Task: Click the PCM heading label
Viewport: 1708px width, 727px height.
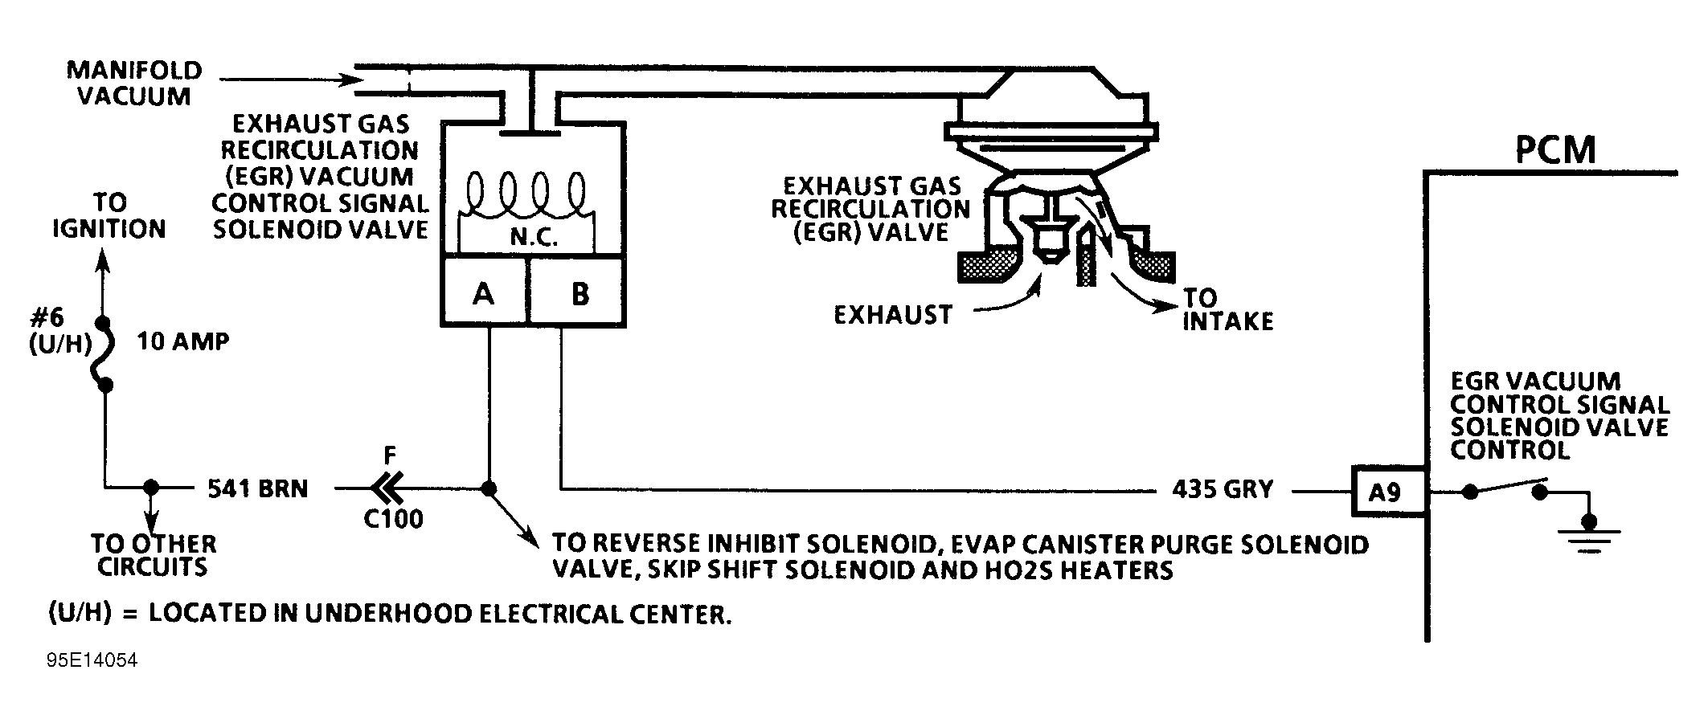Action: (1554, 149)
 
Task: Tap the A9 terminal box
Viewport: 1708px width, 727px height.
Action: (1384, 492)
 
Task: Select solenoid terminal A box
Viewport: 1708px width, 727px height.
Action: (484, 293)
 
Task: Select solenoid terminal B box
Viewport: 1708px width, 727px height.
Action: (580, 293)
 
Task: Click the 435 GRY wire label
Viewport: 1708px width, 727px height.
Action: (1223, 488)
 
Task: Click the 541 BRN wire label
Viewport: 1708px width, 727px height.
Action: (258, 488)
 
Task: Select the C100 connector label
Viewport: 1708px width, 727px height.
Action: (393, 519)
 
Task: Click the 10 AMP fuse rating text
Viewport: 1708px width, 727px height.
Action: (183, 341)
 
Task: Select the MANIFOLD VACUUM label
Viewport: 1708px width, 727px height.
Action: (134, 83)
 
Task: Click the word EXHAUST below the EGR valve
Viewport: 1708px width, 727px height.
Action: (892, 314)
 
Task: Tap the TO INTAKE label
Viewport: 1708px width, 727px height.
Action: (1227, 309)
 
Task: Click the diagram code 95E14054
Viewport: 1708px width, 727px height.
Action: (92, 660)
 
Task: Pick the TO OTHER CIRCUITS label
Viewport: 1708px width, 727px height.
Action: (153, 555)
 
